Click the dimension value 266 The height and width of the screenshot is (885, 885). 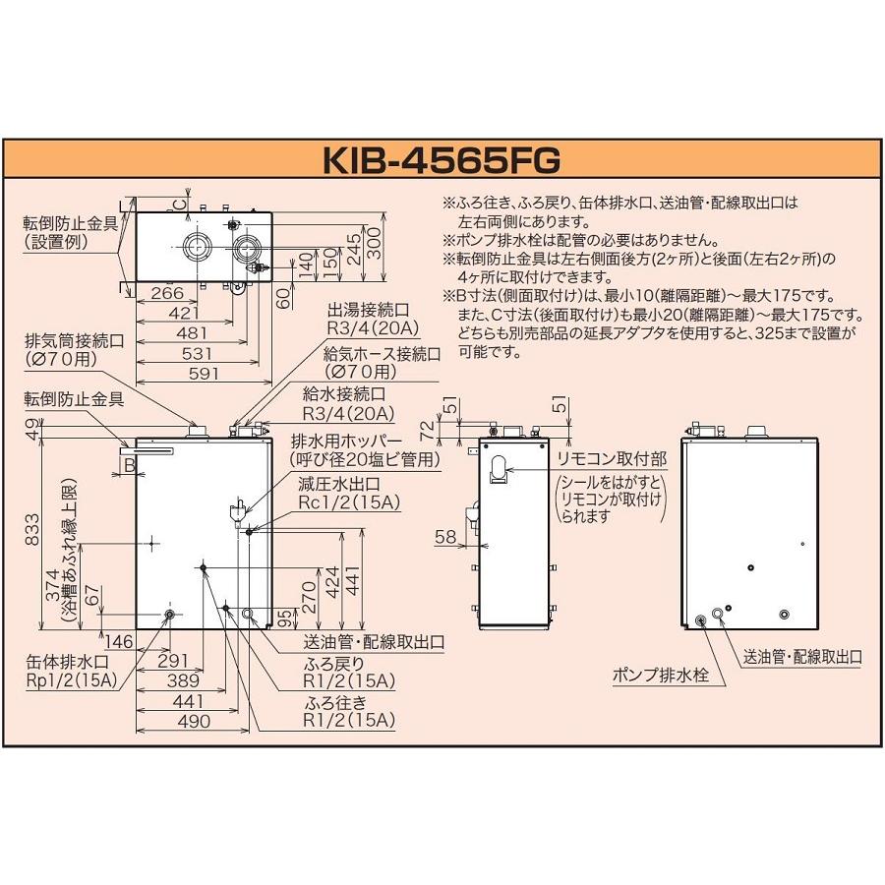[x=168, y=292]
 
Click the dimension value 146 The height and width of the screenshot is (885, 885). [x=119, y=641]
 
